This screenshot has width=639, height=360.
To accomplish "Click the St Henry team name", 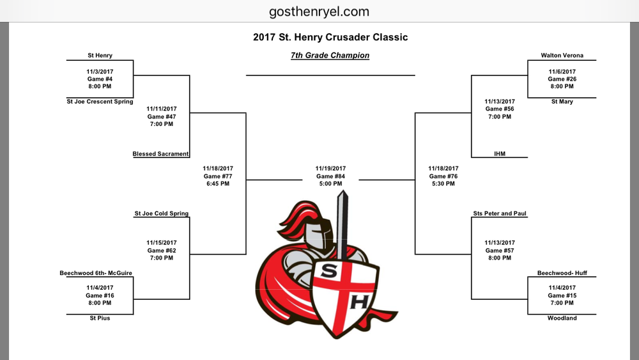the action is (100, 56).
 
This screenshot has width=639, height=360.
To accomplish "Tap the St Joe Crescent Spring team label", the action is (100, 102).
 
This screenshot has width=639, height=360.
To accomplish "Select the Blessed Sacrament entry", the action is (160, 153).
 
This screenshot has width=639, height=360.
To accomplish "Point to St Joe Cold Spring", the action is (162, 213).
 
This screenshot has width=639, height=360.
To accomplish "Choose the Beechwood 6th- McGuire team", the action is (96, 273).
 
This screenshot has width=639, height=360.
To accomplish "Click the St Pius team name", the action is (100, 318).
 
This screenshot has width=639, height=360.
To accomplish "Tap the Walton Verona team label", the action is (562, 56).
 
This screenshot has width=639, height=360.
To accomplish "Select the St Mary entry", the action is (562, 102).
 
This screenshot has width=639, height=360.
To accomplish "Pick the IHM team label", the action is (500, 153).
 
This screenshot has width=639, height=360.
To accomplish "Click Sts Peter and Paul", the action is (500, 213).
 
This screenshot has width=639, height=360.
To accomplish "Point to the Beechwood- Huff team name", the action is (562, 273).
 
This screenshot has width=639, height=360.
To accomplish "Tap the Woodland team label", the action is (562, 318).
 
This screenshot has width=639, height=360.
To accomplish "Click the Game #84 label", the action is (330, 176).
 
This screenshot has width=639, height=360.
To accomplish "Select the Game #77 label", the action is (218, 176).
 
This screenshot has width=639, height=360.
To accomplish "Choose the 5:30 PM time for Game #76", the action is (443, 184).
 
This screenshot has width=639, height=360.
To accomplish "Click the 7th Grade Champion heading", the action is (330, 56).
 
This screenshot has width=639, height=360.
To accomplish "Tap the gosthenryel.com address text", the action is (319, 11).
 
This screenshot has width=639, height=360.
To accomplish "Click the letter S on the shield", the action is (328, 271).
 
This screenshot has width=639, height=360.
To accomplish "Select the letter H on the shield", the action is (359, 302).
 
